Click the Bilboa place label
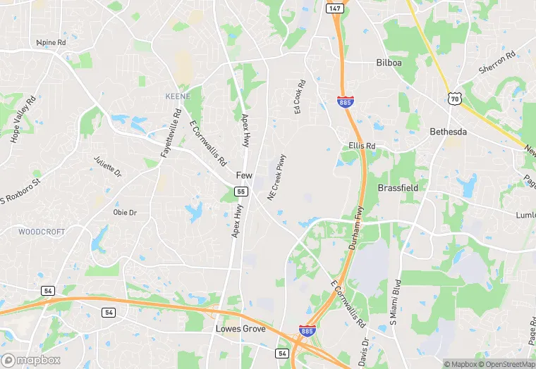tap(389, 63)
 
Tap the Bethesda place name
tap(449, 132)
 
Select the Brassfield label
tap(398, 188)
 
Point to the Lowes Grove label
tap(240, 329)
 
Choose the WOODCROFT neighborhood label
tap(41, 231)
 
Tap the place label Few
tap(244, 175)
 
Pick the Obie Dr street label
tap(125, 212)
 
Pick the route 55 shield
tap(240, 192)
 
